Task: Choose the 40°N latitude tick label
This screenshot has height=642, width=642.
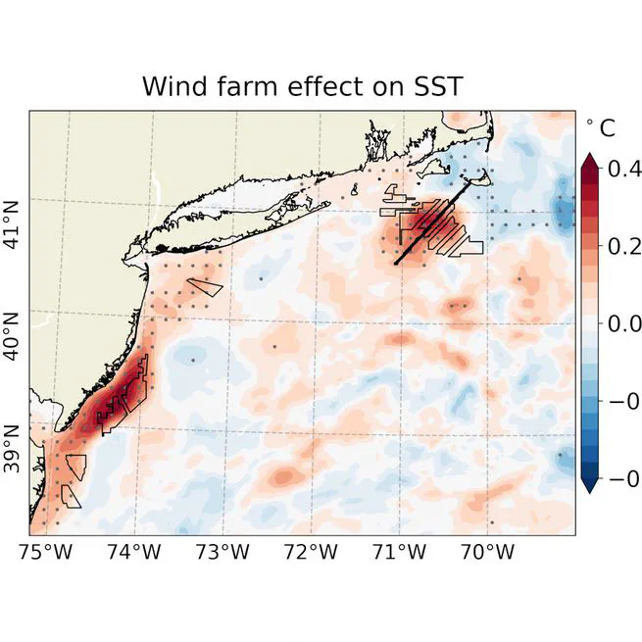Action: pyautogui.click(x=14, y=335)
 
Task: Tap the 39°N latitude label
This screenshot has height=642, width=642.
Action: pyautogui.click(x=14, y=447)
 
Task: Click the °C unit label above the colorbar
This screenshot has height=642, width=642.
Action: pyautogui.click(x=601, y=128)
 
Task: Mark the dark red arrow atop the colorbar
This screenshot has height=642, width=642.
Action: pyautogui.click(x=589, y=161)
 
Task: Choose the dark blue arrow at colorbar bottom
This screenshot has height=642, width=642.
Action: pyautogui.click(x=589, y=484)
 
